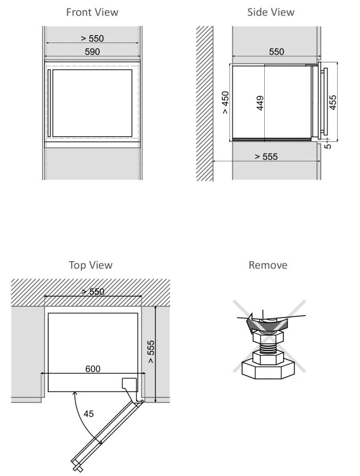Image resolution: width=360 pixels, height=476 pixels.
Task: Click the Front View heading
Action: pos(92,12)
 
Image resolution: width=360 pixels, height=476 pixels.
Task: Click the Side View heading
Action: pos(271,12)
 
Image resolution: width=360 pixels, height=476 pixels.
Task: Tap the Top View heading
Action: pos(90,265)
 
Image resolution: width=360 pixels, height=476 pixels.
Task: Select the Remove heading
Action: pos(267,265)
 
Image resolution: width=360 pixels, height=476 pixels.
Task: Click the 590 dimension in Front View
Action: pos(93,52)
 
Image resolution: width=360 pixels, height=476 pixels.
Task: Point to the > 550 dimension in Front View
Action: pos(93,38)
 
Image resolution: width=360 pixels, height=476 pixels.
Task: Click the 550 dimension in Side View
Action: pos(277,52)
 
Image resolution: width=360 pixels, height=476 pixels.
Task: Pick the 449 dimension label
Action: pos(260,103)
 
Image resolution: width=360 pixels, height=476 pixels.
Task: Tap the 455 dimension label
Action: pos(333,103)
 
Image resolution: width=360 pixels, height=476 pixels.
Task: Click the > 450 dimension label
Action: pos(225,103)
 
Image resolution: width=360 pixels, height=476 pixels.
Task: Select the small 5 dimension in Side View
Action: pos(328,146)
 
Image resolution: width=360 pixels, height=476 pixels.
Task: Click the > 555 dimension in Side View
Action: pos(266,157)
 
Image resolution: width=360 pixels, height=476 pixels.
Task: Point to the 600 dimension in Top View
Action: pos(93,369)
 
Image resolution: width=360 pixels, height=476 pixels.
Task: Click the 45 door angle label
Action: pos(89,414)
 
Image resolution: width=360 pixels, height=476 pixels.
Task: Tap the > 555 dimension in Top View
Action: pos(151,352)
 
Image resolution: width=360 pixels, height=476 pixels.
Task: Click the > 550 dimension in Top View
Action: pos(93,292)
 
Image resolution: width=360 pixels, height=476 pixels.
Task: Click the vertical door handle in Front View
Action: pos(48,103)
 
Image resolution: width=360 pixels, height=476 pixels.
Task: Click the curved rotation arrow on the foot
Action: pos(266,323)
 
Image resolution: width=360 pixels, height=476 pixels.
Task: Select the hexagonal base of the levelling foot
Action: pos(268,370)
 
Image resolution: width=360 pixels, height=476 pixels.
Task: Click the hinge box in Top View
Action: pos(130,383)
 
